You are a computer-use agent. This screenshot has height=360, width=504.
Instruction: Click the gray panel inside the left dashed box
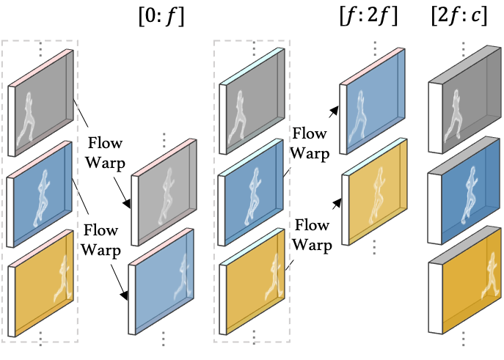[x=43, y=103]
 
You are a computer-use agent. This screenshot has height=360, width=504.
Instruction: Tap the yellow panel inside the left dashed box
[x=43, y=282]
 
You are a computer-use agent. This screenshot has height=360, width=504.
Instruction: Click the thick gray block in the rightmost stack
[x=466, y=106]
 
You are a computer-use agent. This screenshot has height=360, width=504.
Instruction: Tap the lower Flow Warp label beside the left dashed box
[x=101, y=240]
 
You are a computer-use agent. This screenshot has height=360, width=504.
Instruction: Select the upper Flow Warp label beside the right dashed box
[x=310, y=144]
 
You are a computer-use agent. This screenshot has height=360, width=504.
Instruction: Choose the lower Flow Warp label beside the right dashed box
[x=312, y=235]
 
